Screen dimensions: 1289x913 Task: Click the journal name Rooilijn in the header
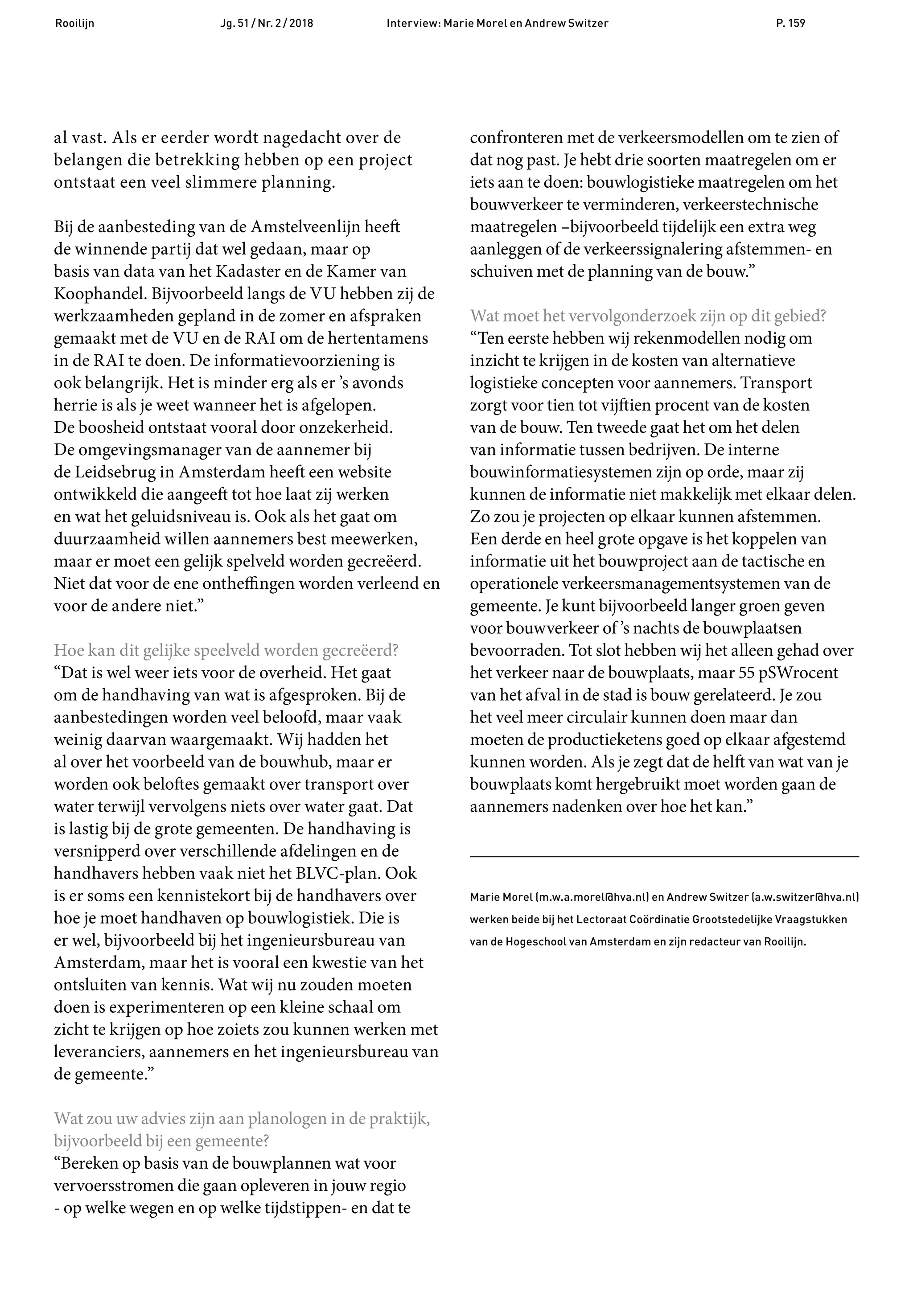click(75, 23)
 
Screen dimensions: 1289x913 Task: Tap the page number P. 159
click(790, 23)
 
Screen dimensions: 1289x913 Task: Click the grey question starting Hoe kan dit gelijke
click(226, 650)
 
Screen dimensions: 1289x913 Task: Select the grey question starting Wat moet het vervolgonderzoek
click(648, 316)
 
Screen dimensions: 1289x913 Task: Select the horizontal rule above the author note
click(664, 857)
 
